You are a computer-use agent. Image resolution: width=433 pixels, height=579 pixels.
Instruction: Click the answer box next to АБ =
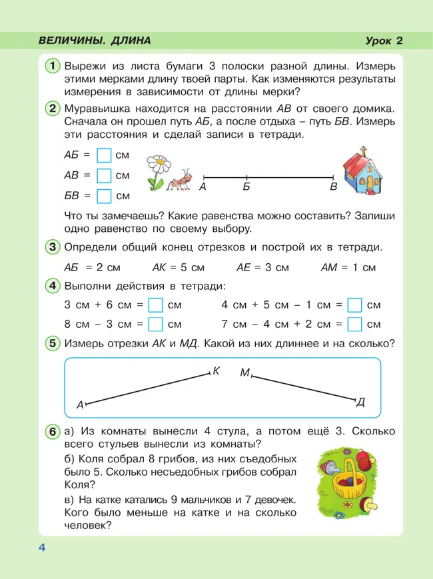(x=104, y=155)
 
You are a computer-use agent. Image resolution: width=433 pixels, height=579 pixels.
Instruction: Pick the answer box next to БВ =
(x=104, y=196)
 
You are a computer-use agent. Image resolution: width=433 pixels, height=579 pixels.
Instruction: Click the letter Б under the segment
(x=246, y=188)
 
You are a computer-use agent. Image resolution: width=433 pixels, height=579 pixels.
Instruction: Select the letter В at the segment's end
(x=334, y=188)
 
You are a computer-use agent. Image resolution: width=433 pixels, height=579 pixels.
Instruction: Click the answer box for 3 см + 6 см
(x=155, y=305)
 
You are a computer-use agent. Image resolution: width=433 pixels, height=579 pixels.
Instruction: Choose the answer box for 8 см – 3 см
(x=155, y=324)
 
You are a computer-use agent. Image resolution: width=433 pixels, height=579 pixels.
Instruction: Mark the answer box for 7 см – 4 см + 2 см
(x=355, y=324)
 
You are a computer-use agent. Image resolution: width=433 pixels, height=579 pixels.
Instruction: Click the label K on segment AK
(x=217, y=370)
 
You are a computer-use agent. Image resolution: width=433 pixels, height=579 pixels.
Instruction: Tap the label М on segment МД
(x=244, y=373)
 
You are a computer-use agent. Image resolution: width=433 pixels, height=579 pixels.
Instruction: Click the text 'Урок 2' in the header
(x=384, y=41)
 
